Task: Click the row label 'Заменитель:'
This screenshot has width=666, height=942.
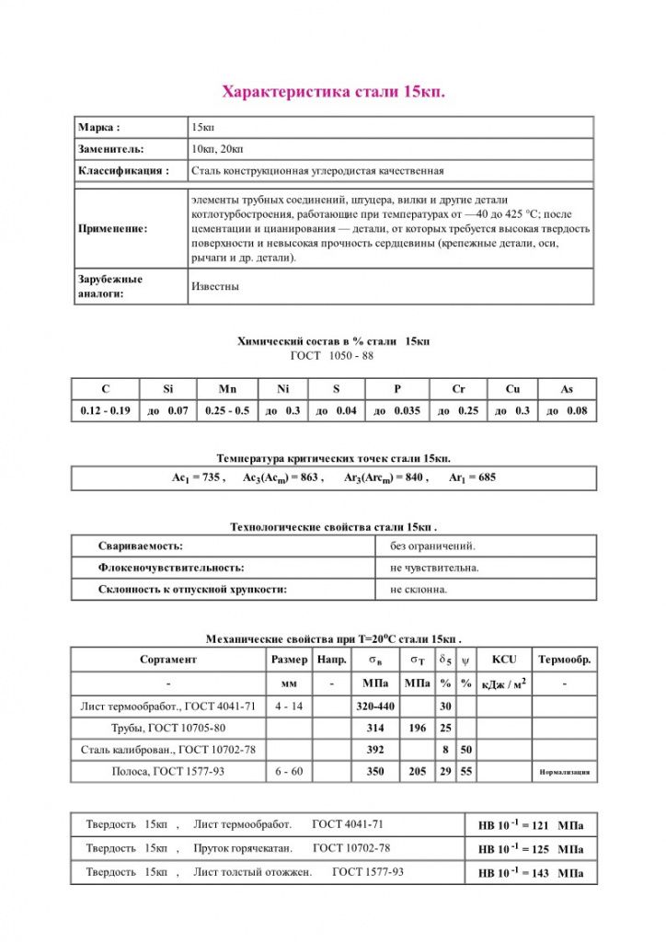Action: pos(111,148)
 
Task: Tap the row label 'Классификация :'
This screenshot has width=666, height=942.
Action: pos(124,170)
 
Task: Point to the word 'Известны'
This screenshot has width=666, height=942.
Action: pos(215,286)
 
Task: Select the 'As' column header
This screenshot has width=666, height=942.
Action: pos(566,389)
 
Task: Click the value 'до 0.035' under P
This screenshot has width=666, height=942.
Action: pos(397,411)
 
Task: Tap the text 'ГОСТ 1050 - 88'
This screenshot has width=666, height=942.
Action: pos(332,355)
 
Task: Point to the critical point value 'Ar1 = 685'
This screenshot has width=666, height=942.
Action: pos(472,478)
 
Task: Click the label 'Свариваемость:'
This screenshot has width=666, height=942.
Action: pos(141,546)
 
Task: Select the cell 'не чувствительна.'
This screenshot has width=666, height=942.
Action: pos(434,568)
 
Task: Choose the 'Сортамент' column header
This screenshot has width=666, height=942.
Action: pos(168,660)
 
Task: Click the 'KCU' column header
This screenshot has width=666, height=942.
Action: pos(504,660)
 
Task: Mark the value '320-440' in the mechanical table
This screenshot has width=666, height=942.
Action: pos(374,706)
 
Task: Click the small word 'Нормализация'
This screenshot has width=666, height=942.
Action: pos(564,773)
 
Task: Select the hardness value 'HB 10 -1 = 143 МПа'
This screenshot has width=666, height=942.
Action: pos(531,872)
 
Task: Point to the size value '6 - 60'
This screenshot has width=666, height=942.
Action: pos(289,772)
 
